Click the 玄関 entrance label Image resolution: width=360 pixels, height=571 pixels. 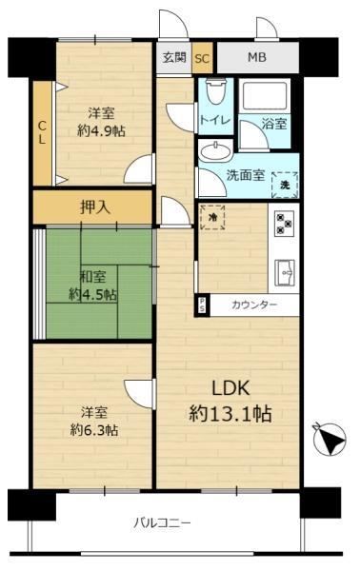(x=174, y=57)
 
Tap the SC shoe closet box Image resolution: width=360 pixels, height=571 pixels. (x=202, y=58)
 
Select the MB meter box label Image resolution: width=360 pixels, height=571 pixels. (x=257, y=57)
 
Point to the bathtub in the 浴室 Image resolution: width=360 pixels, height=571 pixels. (x=265, y=96)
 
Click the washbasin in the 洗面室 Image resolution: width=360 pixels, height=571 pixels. (x=215, y=151)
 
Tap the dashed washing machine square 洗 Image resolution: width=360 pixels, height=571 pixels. (x=285, y=185)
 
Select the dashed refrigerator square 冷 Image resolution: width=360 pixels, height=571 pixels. (x=212, y=217)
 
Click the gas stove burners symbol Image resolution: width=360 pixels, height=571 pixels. (x=285, y=224)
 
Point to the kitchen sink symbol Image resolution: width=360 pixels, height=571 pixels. (x=285, y=273)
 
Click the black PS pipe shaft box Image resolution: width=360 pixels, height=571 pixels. (x=202, y=305)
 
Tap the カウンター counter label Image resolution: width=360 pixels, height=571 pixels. (x=254, y=305)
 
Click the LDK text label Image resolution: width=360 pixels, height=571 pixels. (x=231, y=388)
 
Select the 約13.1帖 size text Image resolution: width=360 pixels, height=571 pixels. (x=230, y=414)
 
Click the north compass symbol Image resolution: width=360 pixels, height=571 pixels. (x=329, y=439)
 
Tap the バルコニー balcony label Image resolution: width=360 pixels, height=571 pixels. (x=162, y=523)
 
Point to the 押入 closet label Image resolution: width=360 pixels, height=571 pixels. (x=94, y=207)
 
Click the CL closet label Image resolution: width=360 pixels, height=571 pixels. (x=42, y=133)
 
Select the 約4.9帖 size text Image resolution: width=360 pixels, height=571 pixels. (x=101, y=130)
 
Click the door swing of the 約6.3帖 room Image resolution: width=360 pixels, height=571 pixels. (x=138, y=393)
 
